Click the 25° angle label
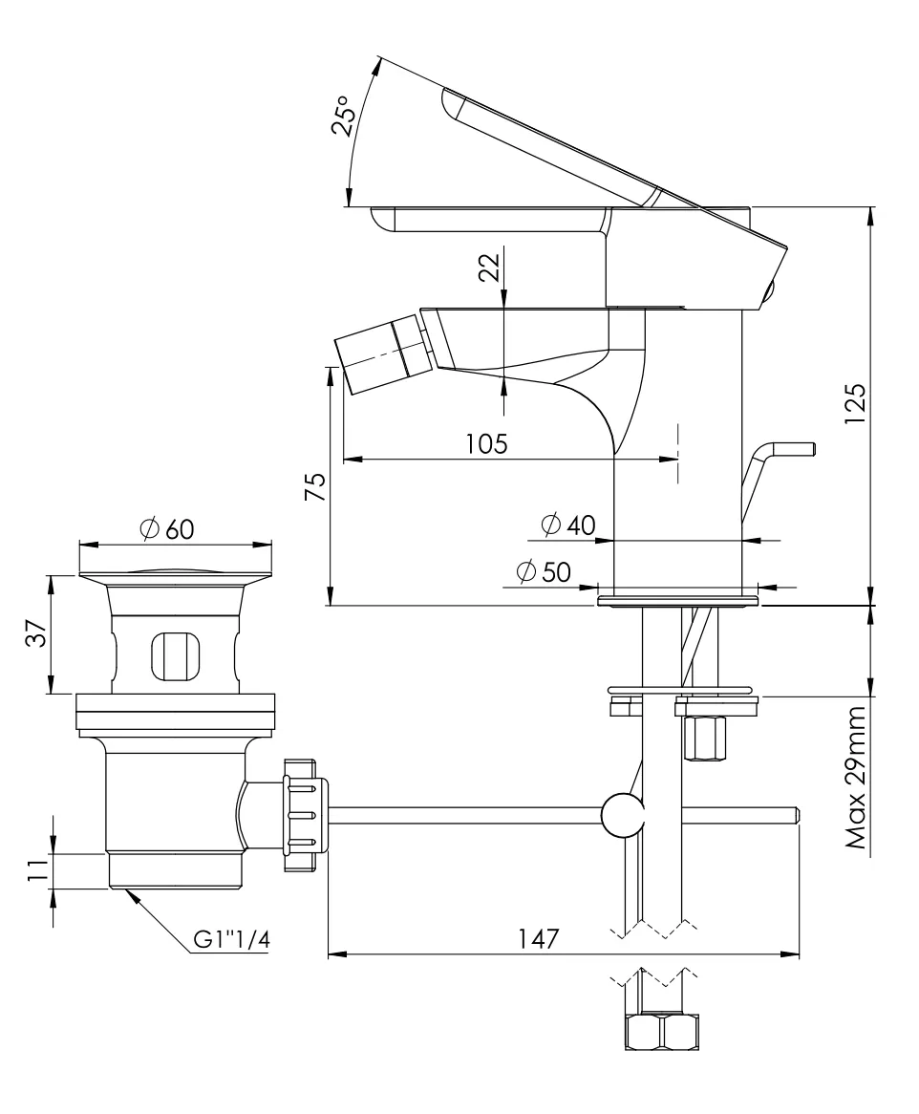[342, 116]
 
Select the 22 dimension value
[490, 267]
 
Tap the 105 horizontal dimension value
[486, 444]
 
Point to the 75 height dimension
[315, 486]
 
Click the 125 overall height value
[855, 403]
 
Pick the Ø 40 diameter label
[567, 525]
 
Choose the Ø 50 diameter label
[544, 571]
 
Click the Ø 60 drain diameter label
[167, 528]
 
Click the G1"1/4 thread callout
[232, 940]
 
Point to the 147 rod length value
[538, 938]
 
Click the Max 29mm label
[856, 778]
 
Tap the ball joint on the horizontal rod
[622, 815]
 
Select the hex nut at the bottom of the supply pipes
[661, 1030]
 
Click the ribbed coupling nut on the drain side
[307, 815]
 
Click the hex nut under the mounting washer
[704, 739]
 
